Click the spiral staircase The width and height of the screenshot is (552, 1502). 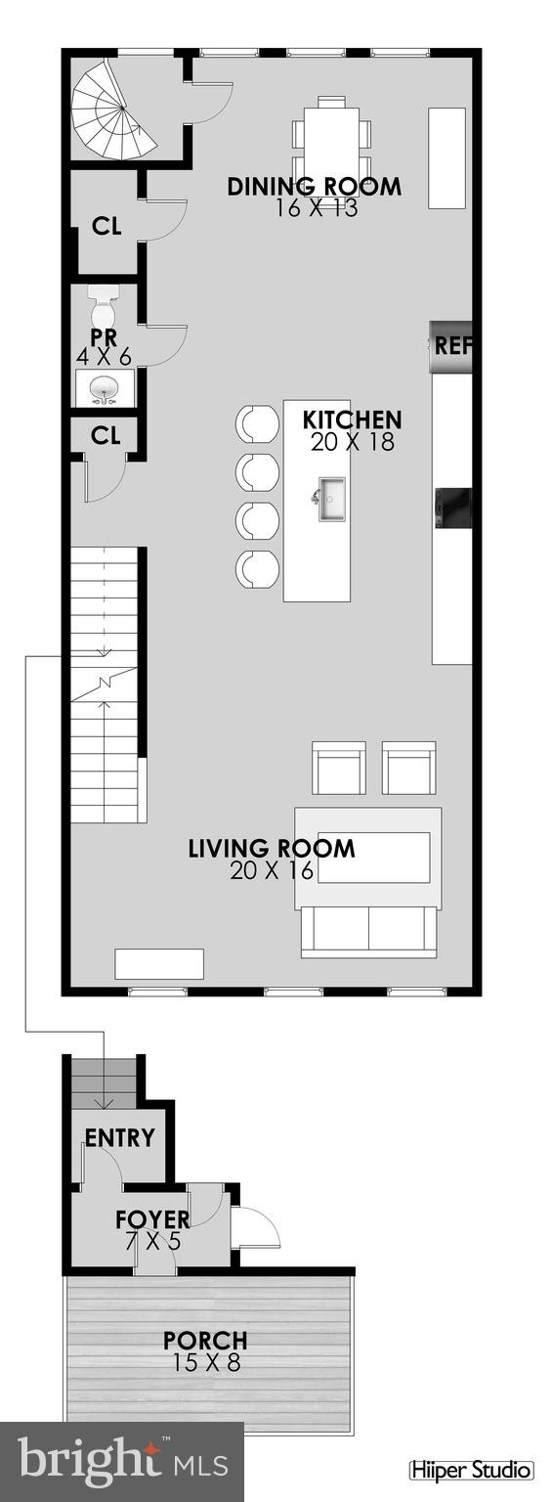click(x=113, y=113)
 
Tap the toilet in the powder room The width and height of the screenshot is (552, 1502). click(x=103, y=308)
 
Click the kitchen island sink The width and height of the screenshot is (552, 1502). click(x=330, y=499)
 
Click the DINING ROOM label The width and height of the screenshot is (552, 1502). click(x=314, y=187)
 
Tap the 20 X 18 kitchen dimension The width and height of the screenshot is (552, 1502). click(x=352, y=442)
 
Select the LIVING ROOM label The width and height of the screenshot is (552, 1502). click(x=271, y=848)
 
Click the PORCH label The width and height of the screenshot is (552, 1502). click(x=205, y=1341)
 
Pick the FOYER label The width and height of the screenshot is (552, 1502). click(x=152, y=1219)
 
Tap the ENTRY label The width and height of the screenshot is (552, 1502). click(x=120, y=1138)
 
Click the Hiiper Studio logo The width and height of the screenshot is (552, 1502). click(x=471, y=1470)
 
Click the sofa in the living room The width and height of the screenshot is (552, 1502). click(x=368, y=930)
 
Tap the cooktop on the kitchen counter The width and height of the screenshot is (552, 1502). click(x=453, y=507)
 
